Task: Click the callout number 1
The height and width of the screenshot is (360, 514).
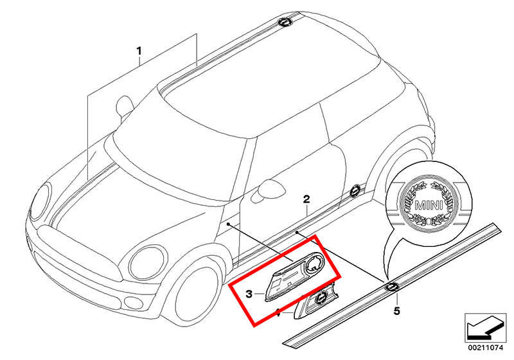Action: click(139, 50)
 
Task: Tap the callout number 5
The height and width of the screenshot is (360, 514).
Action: click(396, 312)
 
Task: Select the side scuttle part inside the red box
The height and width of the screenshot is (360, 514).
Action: click(292, 275)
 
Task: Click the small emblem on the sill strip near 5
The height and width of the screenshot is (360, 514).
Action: click(391, 286)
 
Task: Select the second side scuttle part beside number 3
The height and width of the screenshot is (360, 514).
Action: click(318, 299)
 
